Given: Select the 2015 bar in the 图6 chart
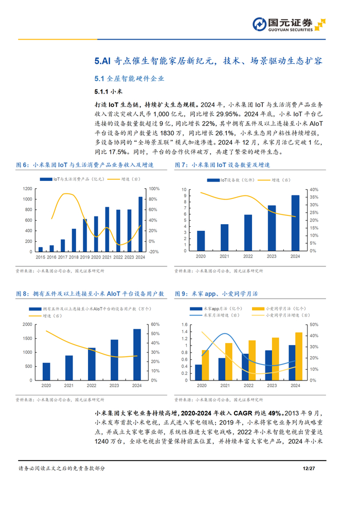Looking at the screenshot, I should pyautogui.click(x=41, y=249).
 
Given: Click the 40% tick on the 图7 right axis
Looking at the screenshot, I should pyautogui.click(x=314, y=190).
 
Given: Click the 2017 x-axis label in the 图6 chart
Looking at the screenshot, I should pyautogui.click(x=63, y=257).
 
